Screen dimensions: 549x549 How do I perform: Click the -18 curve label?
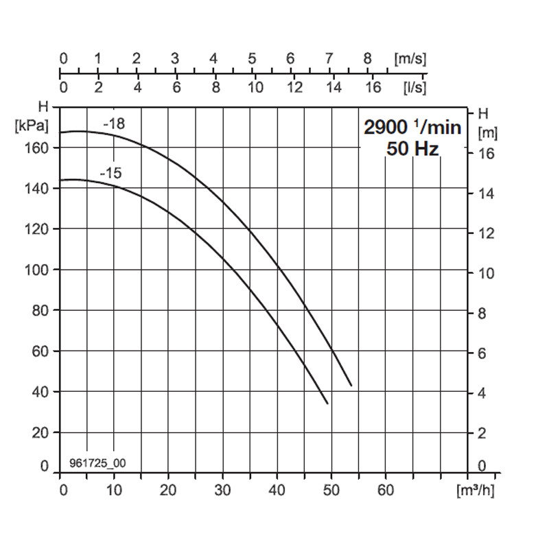coord(114,124)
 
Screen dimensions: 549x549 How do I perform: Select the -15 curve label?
coord(110,173)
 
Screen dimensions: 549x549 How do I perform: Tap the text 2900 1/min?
coord(412,127)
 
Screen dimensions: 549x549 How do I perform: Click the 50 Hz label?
coord(412,148)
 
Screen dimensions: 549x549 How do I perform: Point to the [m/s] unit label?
coord(410,58)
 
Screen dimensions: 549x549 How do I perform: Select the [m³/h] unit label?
coord(475,490)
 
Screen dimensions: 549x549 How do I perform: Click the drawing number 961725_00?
coord(97,463)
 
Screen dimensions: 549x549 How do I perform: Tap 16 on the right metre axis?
coord(486,154)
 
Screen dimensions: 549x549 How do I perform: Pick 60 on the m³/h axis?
coord(386,490)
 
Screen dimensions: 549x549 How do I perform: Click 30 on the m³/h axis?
coord(222,490)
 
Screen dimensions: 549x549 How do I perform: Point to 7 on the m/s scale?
coord(329,58)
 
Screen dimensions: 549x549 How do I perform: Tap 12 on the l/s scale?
coord(294,87)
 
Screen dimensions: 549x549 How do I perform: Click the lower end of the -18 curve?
coord(351,385)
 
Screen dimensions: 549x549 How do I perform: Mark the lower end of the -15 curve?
coord(327,404)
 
